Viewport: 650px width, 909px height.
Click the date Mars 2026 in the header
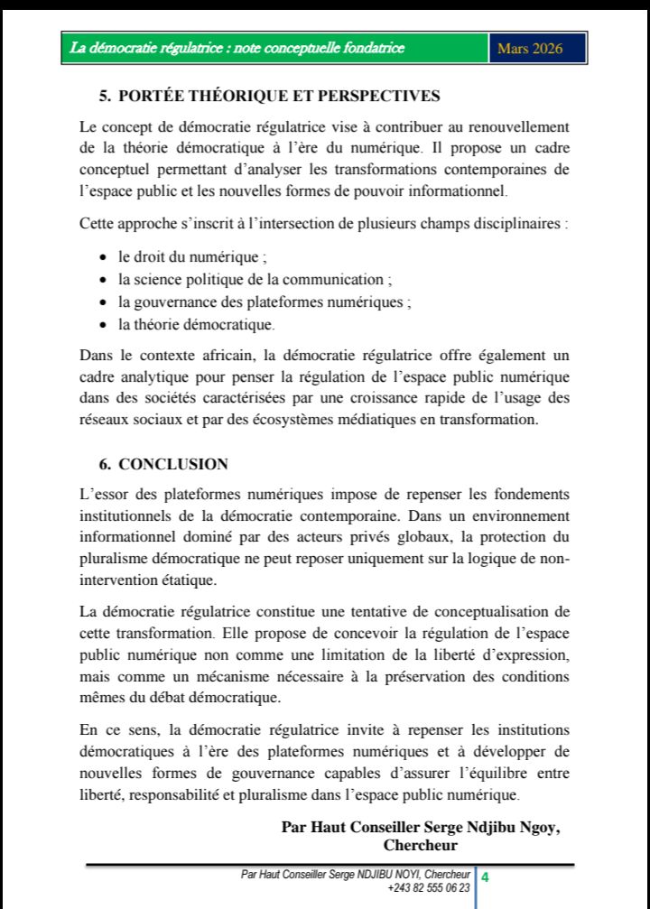tap(530, 49)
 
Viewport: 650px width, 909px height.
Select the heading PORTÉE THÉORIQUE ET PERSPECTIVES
tap(279, 96)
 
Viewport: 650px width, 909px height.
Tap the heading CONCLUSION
tap(173, 464)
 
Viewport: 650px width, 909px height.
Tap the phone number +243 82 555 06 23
tap(429, 888)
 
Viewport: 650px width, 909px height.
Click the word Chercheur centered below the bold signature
tap(420, 846)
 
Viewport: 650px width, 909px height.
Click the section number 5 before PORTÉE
tap(104, 96)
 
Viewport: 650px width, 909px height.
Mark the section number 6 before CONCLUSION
tap(104, 464)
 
